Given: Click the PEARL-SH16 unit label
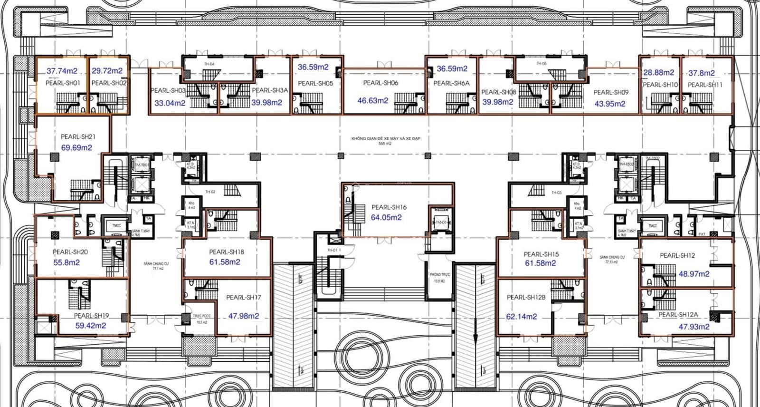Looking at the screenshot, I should [x=389, y=207].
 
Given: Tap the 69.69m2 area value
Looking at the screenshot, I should [x=76, y=147].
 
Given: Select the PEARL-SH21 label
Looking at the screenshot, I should [x=78, y=137].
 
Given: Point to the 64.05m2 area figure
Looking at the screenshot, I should [x=386, y=217].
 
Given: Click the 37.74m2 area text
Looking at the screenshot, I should [x=62, y=71].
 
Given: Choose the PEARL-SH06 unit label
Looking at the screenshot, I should [x=380, y=83].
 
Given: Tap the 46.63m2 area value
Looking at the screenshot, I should [x=373, y=101].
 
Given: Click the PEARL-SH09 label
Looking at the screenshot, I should [x=611, y=93].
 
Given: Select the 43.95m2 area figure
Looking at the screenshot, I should [x=609, y=104].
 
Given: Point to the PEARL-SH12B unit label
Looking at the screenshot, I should [x=526, y=298].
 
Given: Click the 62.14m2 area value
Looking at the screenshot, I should [x=522, y=317].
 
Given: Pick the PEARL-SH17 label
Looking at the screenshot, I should [x=244, y=298].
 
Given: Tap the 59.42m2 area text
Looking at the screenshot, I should [x=91, y=326].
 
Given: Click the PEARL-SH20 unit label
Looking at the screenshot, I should [x=70, y=252].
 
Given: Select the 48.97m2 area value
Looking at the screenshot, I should [x=694, y=274].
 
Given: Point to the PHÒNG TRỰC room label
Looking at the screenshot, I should [x=440, y=275].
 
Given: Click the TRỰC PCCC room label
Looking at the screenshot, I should [x=201, y=316].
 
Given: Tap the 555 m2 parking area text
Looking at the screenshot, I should [x=385, y=144].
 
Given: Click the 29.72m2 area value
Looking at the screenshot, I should [x=107, y=71].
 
